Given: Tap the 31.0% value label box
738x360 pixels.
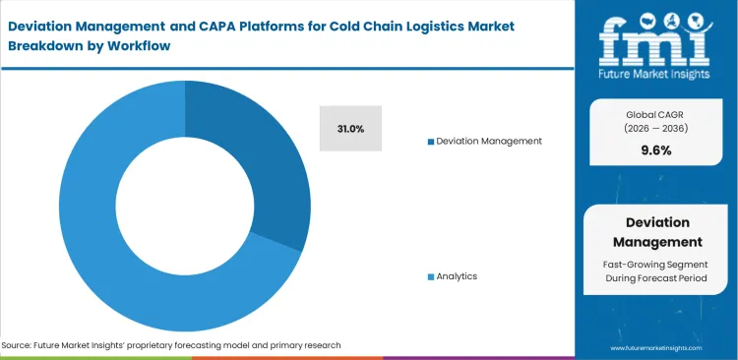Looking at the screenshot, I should click(x=350, y=129).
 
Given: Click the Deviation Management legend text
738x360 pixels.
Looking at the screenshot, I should click(x=489, y=141).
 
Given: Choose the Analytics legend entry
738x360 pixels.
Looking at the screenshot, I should click(x=457, y=276).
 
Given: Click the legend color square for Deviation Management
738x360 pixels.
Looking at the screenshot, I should click(x=430, y=142).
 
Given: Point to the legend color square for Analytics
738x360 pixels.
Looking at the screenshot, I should click(x=430, y=277).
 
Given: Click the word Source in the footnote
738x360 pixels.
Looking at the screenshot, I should click(x=19, y=345).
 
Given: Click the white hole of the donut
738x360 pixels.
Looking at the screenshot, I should click(x=184, y=206).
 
